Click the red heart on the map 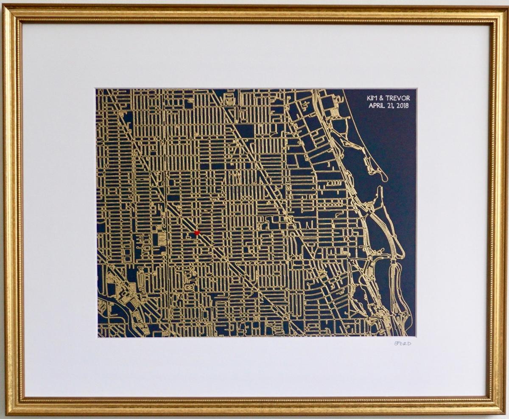click(x=197, y=232)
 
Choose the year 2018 click(x=403, y=106)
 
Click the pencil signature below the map click(x=402, y=343)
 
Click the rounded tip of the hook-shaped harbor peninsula click(x=384, y=178)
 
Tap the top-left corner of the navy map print click(x=96, y=89)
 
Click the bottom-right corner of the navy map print click(x=416, y=337)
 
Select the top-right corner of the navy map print click(x=416, y=89)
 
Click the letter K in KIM click(x=369, y=98)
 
